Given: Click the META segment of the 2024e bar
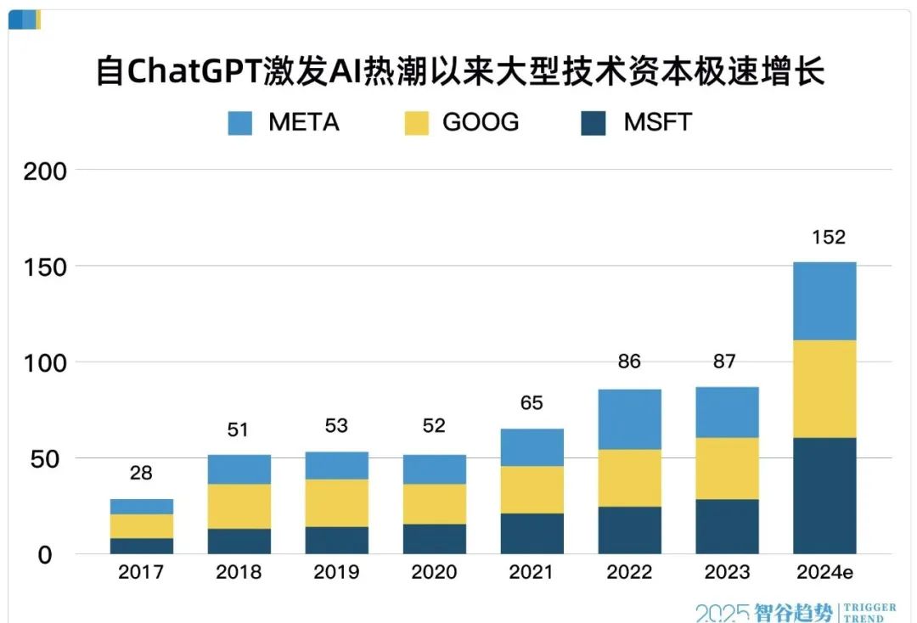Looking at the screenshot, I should click(x=824, y=300).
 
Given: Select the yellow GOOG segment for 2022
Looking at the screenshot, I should click(x=629, y=478).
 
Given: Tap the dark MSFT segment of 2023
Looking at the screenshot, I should click(x=727, y=526).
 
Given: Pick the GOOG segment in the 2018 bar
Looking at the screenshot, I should click(x=239, y=506).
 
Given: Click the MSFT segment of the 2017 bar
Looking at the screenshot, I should click(x=141, y=546).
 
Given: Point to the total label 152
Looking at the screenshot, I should click(x=828, y=237).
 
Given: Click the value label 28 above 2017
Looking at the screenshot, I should click(x=141, y=474).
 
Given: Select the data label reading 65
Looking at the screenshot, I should click(x=532, y=402).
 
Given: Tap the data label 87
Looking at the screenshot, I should click(x=727, y=362).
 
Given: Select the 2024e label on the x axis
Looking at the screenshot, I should click(x=824, y=573).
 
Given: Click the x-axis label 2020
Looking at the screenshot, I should click(x=434, y=573).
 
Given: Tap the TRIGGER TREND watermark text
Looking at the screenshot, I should click(x=868, y=612).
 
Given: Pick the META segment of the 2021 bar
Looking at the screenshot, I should click(x=532, y=447).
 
